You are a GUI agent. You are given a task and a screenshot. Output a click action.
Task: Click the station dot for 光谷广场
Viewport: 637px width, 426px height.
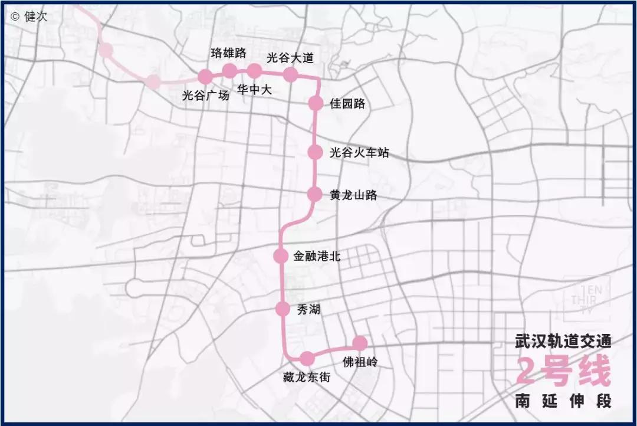205,77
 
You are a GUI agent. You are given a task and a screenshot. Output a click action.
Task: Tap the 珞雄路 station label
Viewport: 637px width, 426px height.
228,53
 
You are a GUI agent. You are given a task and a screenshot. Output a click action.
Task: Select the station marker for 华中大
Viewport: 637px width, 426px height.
254,71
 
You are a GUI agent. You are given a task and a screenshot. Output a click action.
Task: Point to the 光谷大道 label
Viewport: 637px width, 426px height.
290,57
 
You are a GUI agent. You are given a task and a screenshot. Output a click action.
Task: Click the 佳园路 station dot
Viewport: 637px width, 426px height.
316,103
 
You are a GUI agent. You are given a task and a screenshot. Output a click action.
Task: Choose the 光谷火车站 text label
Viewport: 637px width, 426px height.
359,152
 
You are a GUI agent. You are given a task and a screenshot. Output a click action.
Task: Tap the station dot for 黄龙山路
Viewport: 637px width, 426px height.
315,194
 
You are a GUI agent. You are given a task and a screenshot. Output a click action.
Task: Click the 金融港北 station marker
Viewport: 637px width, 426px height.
281,256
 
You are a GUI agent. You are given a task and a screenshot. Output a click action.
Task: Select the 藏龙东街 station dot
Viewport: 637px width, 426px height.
307,358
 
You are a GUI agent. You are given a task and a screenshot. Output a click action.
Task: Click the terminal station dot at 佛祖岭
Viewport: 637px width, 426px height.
359,343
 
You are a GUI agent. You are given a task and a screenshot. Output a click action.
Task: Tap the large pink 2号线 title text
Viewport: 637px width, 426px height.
563,371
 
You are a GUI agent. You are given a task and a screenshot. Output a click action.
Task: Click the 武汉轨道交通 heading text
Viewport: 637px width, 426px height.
563,341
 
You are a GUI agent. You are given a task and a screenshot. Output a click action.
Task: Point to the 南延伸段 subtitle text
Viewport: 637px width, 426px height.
563,401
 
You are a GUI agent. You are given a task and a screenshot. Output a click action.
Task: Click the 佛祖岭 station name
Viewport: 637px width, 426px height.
359,361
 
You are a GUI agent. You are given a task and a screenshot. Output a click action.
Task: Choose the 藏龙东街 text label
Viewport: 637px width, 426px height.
307,377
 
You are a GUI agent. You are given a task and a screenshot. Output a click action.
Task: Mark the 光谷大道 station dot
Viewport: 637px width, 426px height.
290,74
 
